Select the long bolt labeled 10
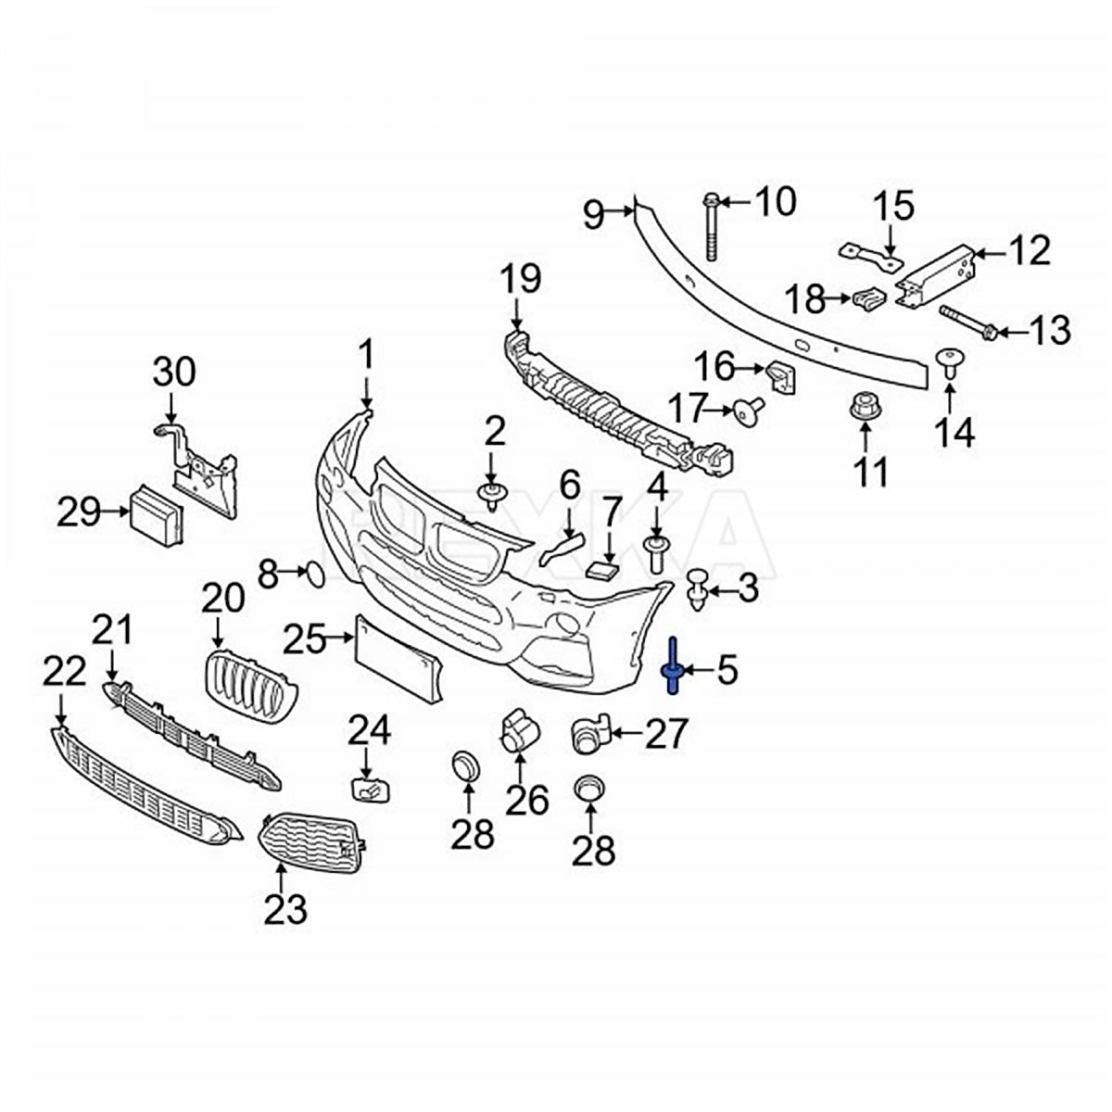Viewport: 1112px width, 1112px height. [x=712, y=227]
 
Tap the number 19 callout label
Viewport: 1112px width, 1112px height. [x=522, y=279]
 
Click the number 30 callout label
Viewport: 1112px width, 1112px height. [x=174, y=373]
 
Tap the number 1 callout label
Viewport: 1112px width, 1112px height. [x=367, y=355]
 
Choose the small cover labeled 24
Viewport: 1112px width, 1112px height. [x=367, y=790]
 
